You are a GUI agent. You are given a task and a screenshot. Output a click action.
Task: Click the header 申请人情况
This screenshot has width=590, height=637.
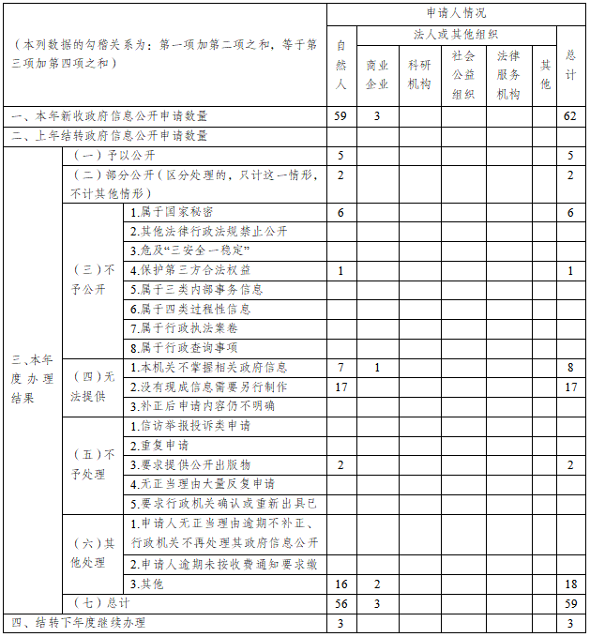pos(455,13)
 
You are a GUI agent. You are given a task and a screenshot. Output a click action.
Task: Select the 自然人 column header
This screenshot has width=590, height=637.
pos(340,65)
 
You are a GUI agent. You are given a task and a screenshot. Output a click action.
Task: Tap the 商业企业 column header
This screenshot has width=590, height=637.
pos(376,74)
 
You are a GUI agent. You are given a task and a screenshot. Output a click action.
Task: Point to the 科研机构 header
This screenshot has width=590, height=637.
pos(419,74)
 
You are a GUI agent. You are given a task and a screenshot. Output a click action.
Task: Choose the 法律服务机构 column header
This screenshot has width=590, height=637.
pos(508,74)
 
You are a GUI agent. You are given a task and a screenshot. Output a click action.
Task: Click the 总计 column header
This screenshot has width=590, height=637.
pos(570,65)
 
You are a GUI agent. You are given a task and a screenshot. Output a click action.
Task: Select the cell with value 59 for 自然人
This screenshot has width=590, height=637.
pos(340,116)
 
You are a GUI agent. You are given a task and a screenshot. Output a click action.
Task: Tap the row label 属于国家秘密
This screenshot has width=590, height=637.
pos(172,212)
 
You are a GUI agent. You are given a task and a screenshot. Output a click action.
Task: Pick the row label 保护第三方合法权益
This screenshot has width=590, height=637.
pos(190,270)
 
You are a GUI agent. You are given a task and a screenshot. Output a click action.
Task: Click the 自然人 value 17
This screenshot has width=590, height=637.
pos(340,387)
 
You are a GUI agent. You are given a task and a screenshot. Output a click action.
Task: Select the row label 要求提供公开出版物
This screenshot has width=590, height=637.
pos(190,464)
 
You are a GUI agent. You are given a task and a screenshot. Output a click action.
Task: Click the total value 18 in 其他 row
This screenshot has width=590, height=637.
pos(570,584)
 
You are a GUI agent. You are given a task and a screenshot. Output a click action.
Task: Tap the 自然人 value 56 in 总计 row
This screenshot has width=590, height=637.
pos(340,604)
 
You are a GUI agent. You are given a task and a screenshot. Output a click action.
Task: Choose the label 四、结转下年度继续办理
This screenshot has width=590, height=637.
pos(79,623)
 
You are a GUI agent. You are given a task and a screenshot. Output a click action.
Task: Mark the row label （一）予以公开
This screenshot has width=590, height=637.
pos(113,155)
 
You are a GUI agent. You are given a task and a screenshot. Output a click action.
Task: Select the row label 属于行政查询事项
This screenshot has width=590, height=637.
pos(184,347)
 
